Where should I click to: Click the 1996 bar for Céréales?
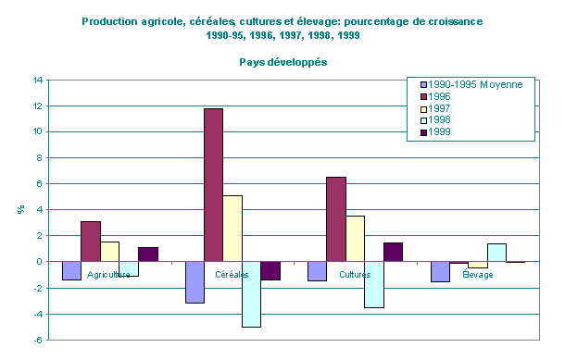click(x=213, y=185)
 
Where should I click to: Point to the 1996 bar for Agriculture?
click(x=91, y=242)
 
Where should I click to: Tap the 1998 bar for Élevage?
click(x=498, y=253)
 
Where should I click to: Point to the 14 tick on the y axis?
click(x=39, y=81)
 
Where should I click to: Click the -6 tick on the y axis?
click(x=38, y=340)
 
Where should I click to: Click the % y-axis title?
click(x=20, y=209)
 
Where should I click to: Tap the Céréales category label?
click(x=232, y=276)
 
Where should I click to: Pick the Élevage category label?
click(x=478, y=276)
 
